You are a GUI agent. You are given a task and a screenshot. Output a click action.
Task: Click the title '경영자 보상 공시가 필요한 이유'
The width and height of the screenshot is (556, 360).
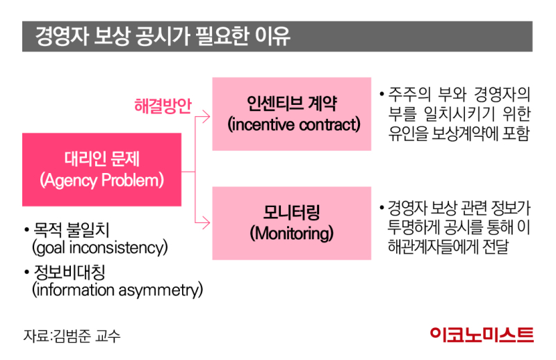pos(163,36)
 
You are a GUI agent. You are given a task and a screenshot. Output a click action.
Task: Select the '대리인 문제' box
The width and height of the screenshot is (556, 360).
pos(101,170)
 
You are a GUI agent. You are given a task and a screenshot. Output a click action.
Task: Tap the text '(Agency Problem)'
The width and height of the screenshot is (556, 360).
pos(101,180)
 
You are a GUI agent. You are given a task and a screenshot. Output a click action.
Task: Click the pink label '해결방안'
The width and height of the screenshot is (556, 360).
pos(163,106)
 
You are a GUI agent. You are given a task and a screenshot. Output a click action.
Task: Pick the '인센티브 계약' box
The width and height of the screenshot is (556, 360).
pos(292,114)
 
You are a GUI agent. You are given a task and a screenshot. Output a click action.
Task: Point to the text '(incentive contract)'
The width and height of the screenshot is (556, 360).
pos(293,124)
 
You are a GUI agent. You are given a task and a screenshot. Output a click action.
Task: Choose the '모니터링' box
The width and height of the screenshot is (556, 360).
pos(292,223)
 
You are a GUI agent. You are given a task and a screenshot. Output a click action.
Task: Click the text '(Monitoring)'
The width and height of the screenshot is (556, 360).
pos(291,234)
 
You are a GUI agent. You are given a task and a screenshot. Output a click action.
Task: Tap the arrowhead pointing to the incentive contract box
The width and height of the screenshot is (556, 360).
pos(206,117)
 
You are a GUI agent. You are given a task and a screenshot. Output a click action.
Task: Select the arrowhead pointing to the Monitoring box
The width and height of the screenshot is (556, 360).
pos(206,223)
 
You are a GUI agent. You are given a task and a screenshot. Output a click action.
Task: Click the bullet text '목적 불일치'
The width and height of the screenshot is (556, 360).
pos(72,229)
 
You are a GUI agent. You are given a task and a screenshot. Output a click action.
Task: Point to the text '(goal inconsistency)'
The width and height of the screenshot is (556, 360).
pos(99,247)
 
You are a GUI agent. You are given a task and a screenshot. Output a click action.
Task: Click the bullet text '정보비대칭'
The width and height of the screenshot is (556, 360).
pos(69,272)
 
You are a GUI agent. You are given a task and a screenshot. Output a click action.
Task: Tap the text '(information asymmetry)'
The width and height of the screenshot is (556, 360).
pos(117,290)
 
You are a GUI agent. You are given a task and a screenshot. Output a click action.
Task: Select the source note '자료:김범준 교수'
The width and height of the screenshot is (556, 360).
pos(72,336)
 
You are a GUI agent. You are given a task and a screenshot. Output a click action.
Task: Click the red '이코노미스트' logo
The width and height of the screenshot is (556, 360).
pos(482,335)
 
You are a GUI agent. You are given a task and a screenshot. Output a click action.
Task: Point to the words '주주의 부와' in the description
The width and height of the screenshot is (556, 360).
pos(427,94)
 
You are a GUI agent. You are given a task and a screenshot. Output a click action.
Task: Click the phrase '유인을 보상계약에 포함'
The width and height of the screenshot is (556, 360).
pos(459,133)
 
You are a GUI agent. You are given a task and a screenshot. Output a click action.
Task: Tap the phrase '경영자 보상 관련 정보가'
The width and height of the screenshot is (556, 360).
pos(459,208)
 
